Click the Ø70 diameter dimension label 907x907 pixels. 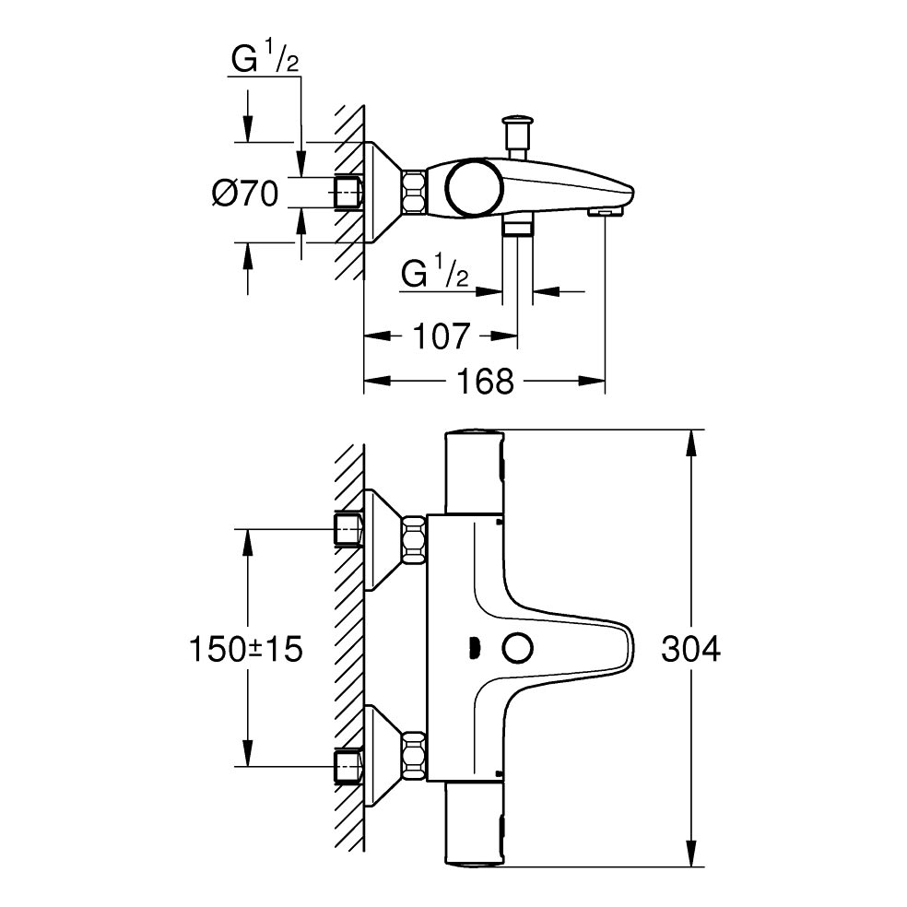[x=245, y=193]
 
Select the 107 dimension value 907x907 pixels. [x=442, y=336]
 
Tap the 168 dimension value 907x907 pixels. [x=486, y=381]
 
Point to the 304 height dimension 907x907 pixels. [x=691, y=648]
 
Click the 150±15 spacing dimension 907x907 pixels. [x=246, y=648]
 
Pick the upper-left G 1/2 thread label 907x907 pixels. [x=265, y=59]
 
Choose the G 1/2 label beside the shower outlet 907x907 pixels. [x=435, y=273]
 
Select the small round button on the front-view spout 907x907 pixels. [x=518, y=647]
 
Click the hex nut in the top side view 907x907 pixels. [x=414, y=192]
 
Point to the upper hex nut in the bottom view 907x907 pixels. [x=414, y=540]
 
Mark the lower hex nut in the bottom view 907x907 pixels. [x=414, y=755]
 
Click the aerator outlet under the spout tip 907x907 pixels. [x=606, y=213]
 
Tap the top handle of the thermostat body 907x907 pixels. [x=474, y=472]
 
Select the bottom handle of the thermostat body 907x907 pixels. [x=474, y=825]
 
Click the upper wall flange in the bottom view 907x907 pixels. [x=383, y=540]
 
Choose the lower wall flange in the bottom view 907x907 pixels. [x=383, y=756]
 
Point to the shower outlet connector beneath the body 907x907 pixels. [x=516, y=226]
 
